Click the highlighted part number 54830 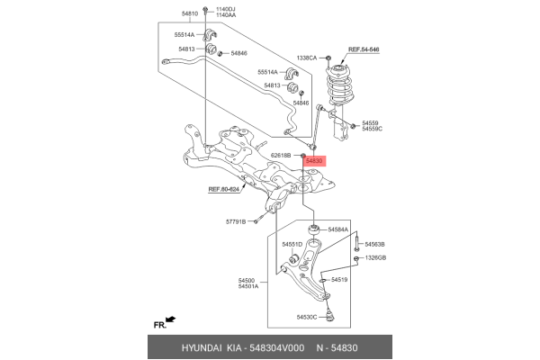click(314, 161)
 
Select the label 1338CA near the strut click(308, 57)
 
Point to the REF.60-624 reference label click(224, 189)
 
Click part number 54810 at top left click(189, 14)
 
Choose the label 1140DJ click(225, 9)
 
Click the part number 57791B click(236, 221)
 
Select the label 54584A click(337, 230)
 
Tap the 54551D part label click(292, 245)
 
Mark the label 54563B click(374, 245)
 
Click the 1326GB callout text click(374, 258)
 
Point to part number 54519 click(339, 280)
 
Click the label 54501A click(247, 286)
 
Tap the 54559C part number click(373, 129)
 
